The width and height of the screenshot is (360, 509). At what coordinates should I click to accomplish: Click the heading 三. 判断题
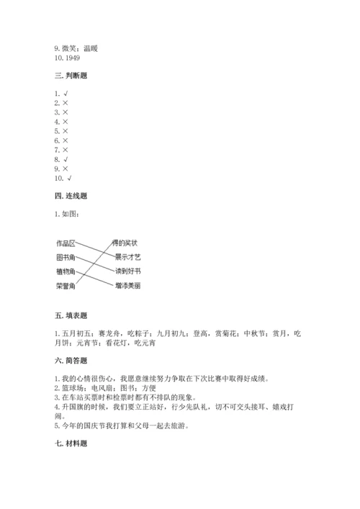point(71,76)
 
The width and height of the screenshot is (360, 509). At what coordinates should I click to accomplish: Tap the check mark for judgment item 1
point(66,94)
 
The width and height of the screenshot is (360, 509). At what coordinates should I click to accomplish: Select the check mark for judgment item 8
point(66,158)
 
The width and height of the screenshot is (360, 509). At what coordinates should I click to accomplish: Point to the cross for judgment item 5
point(66,131)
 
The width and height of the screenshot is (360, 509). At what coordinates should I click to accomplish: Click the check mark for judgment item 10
point(69,178)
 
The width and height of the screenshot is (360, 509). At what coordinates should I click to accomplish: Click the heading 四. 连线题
point(71,195)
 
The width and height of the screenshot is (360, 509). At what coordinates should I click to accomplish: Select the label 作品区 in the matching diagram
point(66,243)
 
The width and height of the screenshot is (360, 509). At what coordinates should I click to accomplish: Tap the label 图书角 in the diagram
point(66,257)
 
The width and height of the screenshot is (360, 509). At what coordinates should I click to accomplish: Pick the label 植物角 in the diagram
point(66,271)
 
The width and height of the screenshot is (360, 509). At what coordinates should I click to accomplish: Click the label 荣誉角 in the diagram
point(66,285)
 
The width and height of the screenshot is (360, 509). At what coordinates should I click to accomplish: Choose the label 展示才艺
point(128,257)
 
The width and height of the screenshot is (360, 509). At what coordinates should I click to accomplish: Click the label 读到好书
point(128,271)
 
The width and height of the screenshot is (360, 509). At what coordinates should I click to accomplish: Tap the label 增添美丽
point(128,285)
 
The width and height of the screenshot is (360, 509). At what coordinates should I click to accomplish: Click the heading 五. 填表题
point(71,315)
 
